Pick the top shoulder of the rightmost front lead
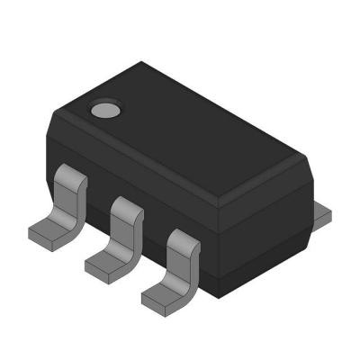pos(184,239)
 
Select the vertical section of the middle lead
pos(121,236)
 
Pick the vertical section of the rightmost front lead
pos(179,265)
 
